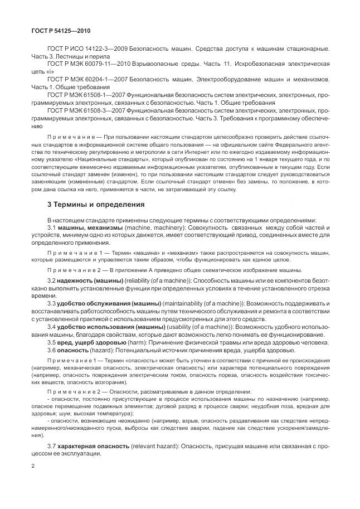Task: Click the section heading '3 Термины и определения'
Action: tap(96, 204)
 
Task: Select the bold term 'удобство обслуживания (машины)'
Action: tap(106, 302)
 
